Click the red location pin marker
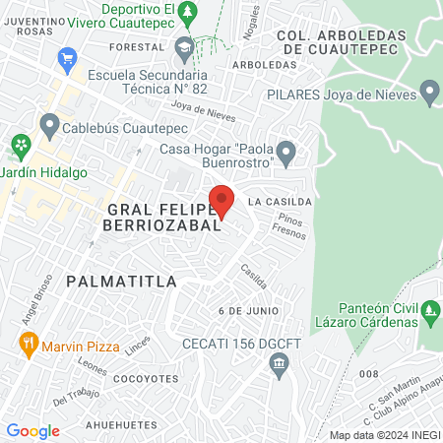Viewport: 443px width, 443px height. [x=221, y=200]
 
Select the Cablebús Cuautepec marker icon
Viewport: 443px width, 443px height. [x=49, y=126]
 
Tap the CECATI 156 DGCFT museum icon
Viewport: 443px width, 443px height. [x=279, y=365]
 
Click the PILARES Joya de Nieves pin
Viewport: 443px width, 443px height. [x=428, y=95]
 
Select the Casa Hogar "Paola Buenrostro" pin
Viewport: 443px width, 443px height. [x=286, y=154]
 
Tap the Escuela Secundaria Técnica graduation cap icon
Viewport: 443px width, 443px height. [x=184, y=46]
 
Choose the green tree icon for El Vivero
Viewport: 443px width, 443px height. [x=194, y=10]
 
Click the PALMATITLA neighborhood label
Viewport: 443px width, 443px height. [x=122, y=282]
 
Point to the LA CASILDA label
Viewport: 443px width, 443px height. [x=281, y=201]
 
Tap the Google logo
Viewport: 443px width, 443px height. [x=32, y=430]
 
